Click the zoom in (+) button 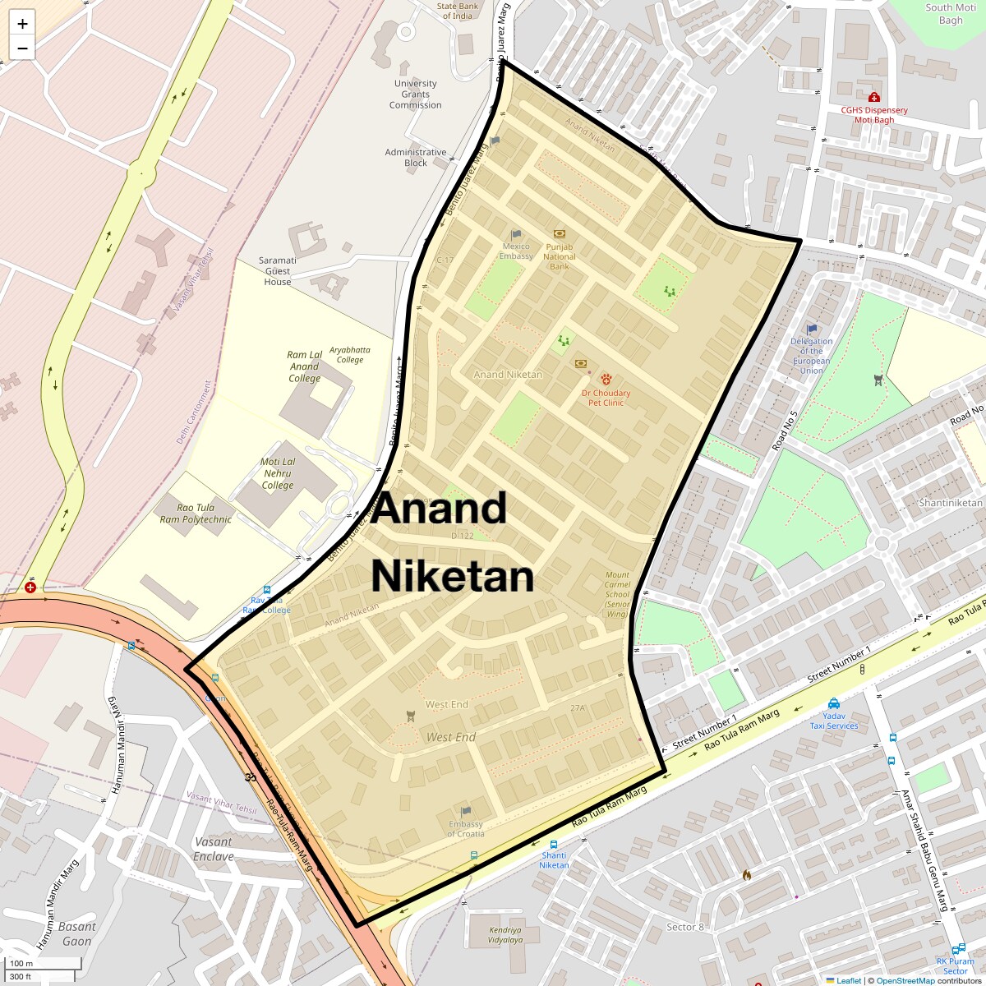pos(22,24)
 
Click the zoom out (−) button pos(22,48)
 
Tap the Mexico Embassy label pos(516,251)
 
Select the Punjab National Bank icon pos(560,234)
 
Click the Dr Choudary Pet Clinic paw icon pos(606,379)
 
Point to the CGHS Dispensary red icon pos(873,98)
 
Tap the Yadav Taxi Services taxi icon pos(834,703)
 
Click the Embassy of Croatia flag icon pos(467,811)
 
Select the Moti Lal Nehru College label pos(278,473)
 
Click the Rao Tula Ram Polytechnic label pos(196,514)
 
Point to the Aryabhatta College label pos(349,354)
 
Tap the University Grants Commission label pos(416,94)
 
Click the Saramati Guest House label pos(278,271)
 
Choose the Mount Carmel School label pos(617,592)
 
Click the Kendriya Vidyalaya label pos(493,935)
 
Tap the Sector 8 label pos(685,927)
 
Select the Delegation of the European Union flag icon pos(812,329)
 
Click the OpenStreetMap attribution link pos(905,980)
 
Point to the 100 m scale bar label pos(21,963)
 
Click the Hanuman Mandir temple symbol pos(250,776)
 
